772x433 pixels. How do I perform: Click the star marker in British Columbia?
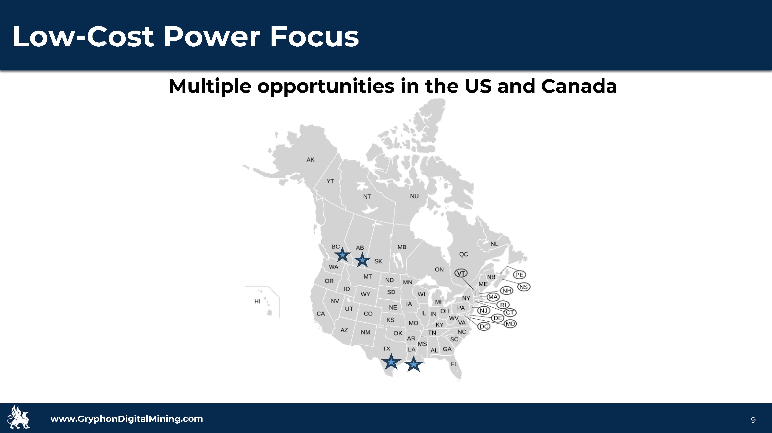342,255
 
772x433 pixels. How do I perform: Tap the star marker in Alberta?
362,260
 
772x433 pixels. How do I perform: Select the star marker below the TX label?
391,362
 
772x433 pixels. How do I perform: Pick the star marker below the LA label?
414,364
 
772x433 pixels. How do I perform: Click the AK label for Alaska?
310,160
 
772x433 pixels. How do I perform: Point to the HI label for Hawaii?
257,301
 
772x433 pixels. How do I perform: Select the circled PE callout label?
519,275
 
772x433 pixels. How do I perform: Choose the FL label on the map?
454,364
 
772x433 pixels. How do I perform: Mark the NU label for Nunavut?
414,196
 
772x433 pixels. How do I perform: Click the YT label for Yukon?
330,181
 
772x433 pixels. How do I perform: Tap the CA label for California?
321,314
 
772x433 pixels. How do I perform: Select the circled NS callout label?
524,287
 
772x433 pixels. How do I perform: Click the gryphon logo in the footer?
19,417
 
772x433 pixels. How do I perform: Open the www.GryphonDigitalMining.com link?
127,419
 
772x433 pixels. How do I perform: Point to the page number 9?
753,420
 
